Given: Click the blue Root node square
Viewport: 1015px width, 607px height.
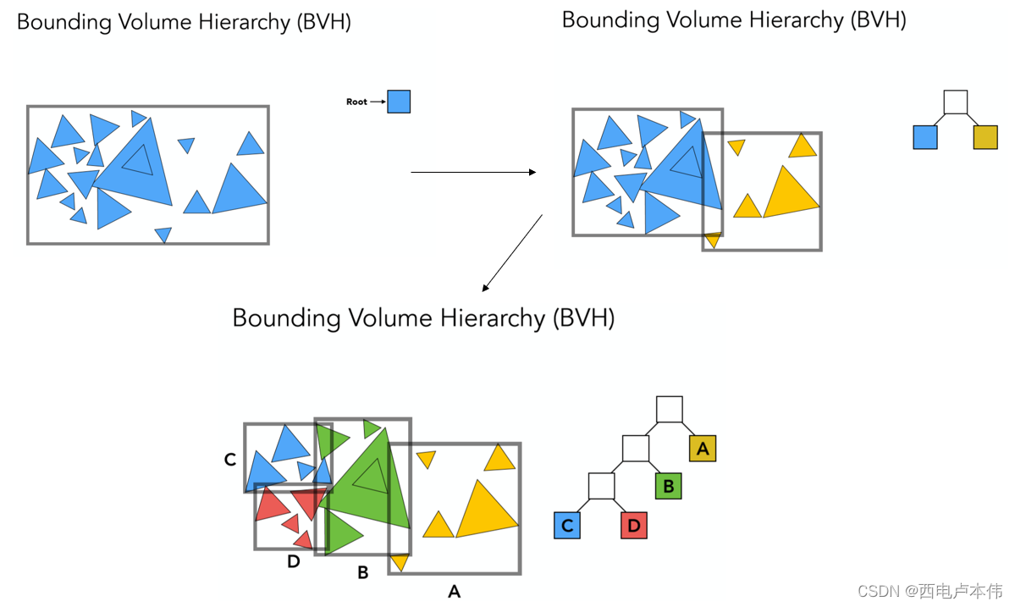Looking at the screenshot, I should [399, 102].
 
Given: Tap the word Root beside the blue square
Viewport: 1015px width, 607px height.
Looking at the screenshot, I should [356, 102].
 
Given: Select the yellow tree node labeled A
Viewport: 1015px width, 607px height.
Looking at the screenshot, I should [703, 449].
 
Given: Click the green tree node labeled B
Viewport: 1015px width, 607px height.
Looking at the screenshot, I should [668, 486].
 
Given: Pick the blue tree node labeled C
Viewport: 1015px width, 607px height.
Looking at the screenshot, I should [567, 526].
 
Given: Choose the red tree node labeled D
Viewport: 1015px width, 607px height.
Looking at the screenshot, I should [634, 526].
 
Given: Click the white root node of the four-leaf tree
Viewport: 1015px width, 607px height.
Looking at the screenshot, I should [669, 409].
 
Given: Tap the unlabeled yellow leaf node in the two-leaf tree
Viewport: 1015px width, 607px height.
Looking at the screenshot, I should [985, 137].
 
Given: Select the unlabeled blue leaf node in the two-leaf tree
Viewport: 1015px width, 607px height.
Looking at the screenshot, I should [925, 137].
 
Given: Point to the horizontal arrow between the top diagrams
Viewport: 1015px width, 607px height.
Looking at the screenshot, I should [473, 173].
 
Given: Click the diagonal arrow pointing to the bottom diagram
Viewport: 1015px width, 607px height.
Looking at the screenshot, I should [511, 253].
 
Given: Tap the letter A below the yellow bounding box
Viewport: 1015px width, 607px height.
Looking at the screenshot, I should [455, 592].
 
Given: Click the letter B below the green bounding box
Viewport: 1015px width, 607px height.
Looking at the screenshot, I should [362, 573].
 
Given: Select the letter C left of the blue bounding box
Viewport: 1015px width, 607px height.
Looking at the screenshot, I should [230, 460].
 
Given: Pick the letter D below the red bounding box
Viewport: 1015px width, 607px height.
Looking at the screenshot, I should [294, 561].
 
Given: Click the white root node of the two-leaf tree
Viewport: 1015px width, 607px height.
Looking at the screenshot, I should [955, 102].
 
